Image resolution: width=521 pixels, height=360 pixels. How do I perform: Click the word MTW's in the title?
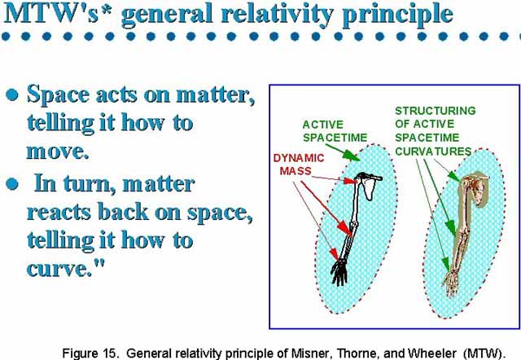tap(51, 13)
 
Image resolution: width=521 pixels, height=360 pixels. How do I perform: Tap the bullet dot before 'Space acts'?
tap(12, 94)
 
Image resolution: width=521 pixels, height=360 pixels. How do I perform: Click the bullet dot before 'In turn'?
tap(12, 184)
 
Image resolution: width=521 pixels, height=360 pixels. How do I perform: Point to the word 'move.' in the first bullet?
tap(58, 151)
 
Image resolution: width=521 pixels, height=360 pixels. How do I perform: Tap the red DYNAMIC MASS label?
tap(299, 165)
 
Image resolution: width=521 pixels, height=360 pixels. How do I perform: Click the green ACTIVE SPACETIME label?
tap(335, 131)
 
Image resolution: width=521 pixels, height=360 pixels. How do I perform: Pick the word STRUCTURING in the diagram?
tap(436, 111)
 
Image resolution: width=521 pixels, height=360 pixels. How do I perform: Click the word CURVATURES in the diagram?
tap(433, 151)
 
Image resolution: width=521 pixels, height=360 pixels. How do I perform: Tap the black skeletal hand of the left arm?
tap(339, 272)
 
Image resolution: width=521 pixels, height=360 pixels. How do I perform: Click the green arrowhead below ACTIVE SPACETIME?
tap(351, 156)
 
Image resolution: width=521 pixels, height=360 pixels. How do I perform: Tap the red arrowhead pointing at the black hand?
tap(334, 254)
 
